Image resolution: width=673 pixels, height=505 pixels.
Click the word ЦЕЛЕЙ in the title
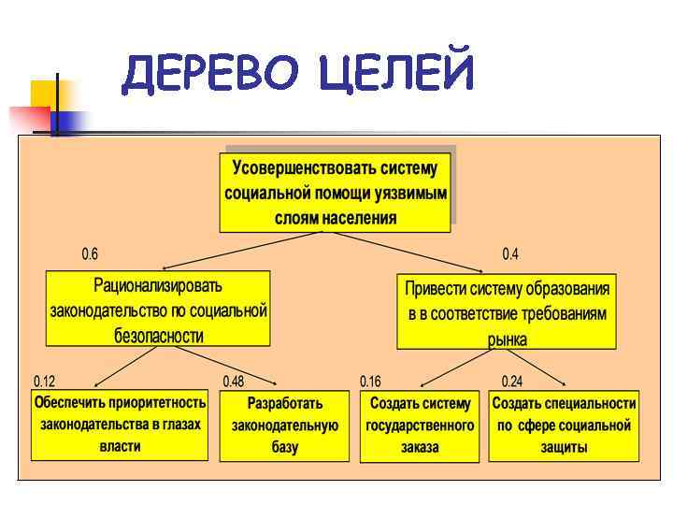[x=396, y=74]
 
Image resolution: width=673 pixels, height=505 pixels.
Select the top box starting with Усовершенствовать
[x=336, y=193]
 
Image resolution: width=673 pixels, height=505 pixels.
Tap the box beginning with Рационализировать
[x=158, y=310]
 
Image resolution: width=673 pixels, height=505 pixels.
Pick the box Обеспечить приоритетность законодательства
[x=120, y=425]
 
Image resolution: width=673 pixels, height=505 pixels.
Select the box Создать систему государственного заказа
[x=420, y=426]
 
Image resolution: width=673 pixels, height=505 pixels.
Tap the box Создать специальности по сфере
[x=564, y=426]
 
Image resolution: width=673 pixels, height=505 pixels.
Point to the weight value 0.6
[x=90, y=254]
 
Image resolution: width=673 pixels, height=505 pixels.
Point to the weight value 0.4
[x=510, y=254]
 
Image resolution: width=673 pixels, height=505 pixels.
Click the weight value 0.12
[x=45, y=382]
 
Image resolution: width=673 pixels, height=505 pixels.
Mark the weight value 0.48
[x=234, y=382]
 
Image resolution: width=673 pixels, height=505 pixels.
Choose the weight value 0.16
[x=370, y=382]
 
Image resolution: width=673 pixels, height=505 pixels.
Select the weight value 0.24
[x=512, y=382]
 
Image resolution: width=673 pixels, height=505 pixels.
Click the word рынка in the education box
[x=507, y=339]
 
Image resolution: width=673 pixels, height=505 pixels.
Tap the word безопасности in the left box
[x=158, y=335]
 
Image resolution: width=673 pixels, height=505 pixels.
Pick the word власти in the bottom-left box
[x=120, y=446]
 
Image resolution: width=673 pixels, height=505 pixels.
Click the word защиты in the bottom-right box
[x=564, y=447]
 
